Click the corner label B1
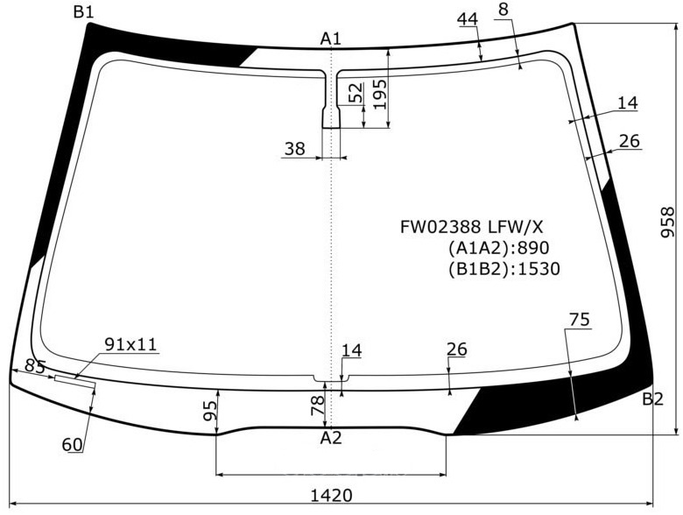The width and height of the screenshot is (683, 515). click(84, 12)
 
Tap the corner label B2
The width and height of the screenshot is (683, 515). click(652, 399)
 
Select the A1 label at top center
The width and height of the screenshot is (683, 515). click(331, 39)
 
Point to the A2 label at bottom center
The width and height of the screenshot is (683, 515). click(331, 437)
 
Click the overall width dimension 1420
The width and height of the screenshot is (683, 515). click(332, 496)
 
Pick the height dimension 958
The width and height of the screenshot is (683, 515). click(667, 222)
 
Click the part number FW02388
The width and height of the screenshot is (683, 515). click(440, 227)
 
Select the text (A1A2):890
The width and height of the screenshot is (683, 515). click(499, 248)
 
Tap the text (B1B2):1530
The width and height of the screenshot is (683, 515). click(504, 269)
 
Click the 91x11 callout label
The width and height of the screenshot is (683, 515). click(130, 344)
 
